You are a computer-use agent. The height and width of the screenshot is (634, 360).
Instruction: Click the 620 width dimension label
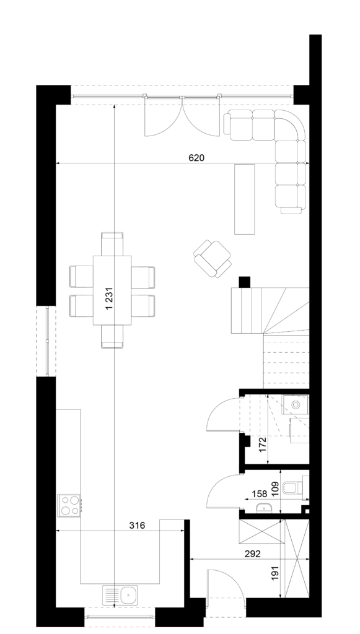(x=196, y=158)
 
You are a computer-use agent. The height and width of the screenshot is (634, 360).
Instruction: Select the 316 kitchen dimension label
(x=137, y=525)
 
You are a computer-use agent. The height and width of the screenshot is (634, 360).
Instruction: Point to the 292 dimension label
(x=252, y=554)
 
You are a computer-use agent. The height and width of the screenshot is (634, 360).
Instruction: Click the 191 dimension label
(x=275, y=574)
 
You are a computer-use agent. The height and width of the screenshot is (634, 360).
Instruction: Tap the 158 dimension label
(x=259, y=493)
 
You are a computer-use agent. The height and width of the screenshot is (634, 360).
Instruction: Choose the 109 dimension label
(x=274, y=489)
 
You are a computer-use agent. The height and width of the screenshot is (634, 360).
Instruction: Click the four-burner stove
(x=69, y=505)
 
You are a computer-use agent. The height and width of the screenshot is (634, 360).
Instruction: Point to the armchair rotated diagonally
(x=213, y=259)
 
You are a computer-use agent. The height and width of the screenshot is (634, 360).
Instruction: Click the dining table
(x=112, y=290)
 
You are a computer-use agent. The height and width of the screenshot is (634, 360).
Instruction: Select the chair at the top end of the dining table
(x=112, y=243)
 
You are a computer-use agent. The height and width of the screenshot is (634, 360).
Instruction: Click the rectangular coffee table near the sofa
(x=245, y=199)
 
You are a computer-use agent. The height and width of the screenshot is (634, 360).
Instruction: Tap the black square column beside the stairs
(x=245, y=282)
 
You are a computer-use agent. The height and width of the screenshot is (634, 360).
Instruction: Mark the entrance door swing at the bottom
(x=224, y=583)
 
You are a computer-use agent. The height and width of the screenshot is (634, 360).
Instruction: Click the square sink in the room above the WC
(x=296, y=404)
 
